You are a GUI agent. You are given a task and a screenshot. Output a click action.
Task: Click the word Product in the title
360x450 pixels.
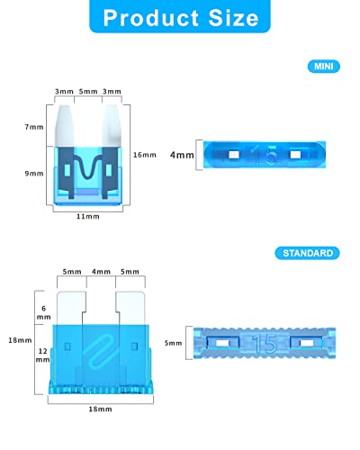(x=151, y=18)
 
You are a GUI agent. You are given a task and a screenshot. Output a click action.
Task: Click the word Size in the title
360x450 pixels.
(x=233, y=18)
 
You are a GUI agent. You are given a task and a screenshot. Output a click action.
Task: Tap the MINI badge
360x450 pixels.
(x=324, y=67)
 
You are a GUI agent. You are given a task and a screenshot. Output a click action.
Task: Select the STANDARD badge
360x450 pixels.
(x=308, y=253)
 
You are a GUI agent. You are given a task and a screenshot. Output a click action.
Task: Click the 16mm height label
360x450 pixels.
(x=145, y=155)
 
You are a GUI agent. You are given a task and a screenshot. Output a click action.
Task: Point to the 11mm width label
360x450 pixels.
(x=87, y=216)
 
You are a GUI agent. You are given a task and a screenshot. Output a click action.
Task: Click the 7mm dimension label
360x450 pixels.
(x=34, y=127)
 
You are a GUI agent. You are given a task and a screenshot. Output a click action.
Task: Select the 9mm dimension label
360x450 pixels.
(x=34, y=174)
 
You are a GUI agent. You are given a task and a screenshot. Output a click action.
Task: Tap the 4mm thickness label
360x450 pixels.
(x=182, y=155)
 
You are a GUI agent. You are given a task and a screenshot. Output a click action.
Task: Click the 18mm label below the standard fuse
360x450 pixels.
(x=100, y=409)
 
